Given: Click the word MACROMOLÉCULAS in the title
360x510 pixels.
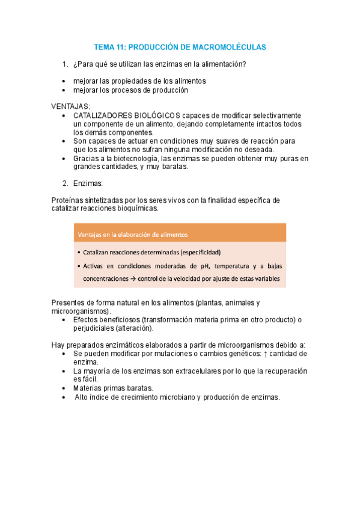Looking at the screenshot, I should (x=231, y=46).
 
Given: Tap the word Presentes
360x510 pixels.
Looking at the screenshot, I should (x=70, y=303).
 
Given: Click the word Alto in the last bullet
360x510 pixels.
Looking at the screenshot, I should (x=82, y=397).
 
